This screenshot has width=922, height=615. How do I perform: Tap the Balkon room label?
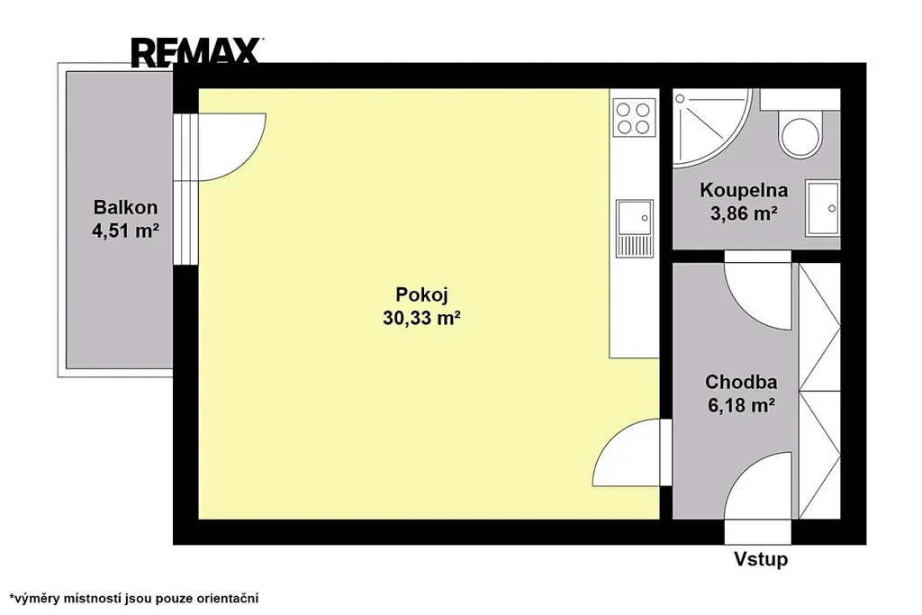pyautogui.click(x=125, y=207)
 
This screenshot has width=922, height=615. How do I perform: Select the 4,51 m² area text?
pyautogui.click(x=125, y=231)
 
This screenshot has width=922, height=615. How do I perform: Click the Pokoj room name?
pyautogui.click(x=421, y=294)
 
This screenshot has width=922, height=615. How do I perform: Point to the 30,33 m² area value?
pyautogui.click(x=421, y=318)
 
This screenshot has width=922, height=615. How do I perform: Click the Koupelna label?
pyautogui.click(x=743, y=191)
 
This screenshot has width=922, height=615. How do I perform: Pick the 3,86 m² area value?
pyautogui.click(x=744, y=213)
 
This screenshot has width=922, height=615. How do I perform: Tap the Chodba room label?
pyautogui.click(x=741, y=382)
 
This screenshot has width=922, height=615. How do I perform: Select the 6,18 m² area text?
pyautogui.click(x=741, y=406)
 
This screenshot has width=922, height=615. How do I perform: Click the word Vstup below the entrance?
pyautogui.click(x=760, y=558)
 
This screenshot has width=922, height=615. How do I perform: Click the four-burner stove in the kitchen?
pyautogui.click(x=634, y=118)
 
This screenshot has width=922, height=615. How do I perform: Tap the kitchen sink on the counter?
pyautogui.click(x=635, y=228)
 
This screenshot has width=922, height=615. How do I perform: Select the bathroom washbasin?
pyautogui.click(x=823, y=207)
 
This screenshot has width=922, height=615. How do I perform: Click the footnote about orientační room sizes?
pyautogui.click(x=134, y=599)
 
